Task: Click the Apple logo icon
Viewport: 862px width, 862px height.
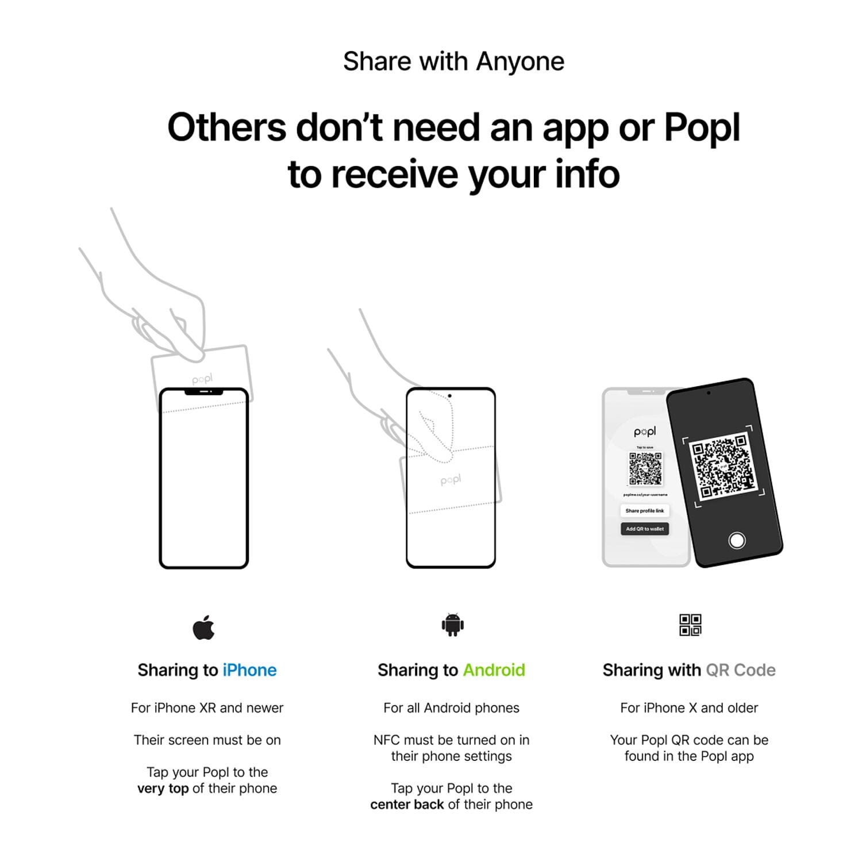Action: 203,628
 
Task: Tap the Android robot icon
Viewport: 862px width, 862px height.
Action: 452,625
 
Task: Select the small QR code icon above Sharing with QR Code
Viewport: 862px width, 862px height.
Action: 690,625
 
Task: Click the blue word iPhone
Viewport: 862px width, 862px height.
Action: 249,670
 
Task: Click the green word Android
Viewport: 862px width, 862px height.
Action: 494,670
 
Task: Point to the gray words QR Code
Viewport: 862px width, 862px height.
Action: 740,670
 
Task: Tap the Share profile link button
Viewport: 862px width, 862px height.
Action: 644,510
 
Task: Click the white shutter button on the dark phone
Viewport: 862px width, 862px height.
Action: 737,540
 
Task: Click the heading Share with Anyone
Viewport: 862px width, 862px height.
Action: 453,61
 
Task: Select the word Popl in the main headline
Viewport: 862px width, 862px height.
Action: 702,127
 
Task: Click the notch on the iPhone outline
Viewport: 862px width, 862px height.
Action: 203,392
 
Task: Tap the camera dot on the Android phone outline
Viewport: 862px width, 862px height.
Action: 449,396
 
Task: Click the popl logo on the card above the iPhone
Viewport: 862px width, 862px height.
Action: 202,379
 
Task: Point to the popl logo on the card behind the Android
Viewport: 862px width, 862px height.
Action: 451,480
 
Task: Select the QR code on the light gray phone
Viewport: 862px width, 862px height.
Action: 645,468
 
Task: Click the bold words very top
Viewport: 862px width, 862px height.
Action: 163,788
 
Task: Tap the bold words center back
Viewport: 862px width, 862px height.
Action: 407,805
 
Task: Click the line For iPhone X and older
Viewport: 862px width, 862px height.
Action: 689,708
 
